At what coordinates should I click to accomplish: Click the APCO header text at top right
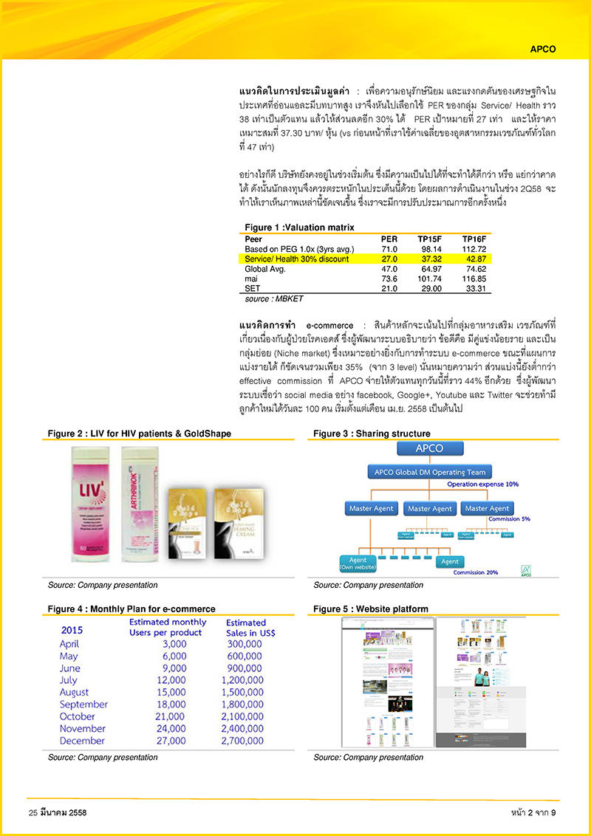pos(542,49)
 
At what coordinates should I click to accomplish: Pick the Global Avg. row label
pos(264,269)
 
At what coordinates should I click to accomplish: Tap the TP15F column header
pos(429,239)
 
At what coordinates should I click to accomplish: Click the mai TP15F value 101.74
pos(429,278)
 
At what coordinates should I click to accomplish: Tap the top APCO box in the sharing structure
pos(428,448)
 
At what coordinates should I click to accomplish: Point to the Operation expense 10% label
pos(483,484)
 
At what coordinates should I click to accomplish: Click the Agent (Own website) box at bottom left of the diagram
pos(358,563)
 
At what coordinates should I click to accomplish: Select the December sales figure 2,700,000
pos(243,741)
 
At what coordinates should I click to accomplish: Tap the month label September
pos(83,705)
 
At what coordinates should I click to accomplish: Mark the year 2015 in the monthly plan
pos(72,631)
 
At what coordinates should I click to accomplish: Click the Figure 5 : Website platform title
pos(370,609)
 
